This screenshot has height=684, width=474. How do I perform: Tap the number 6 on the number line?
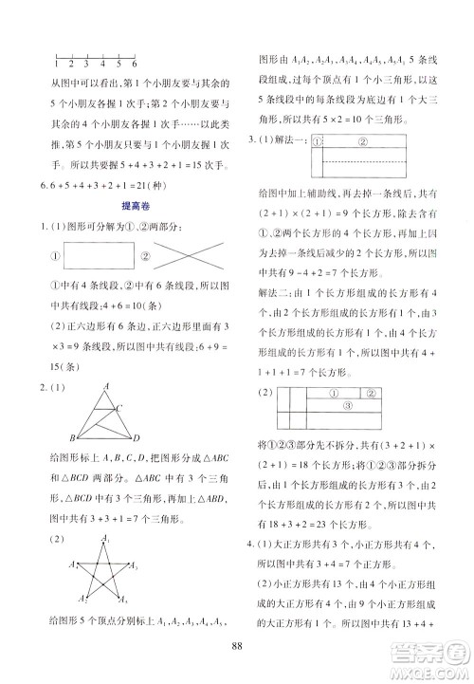coord(136,64)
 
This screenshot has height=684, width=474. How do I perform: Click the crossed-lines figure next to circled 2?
coord(188,282)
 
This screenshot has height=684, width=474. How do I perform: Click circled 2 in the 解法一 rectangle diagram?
coord(363,142)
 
